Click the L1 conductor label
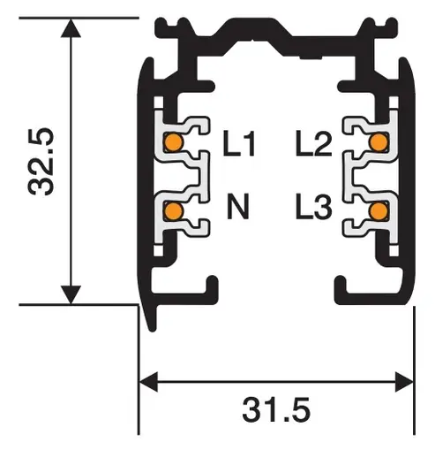[239, 143]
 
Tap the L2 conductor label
[313, 143]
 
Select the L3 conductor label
[313, 210]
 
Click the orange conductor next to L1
[174, 141]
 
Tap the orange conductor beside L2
[379, 141]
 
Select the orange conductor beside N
[174, 210]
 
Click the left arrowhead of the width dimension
[151, 382]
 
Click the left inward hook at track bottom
[209, 287]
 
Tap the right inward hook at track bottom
[342, 287]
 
